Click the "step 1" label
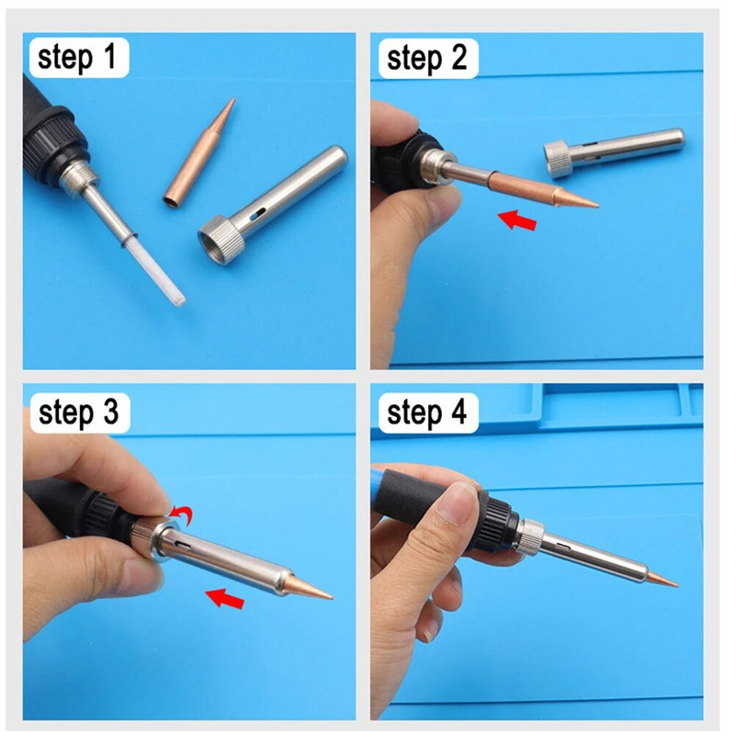tap(77, 59)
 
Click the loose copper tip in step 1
tap(199, 152)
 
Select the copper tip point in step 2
tap(588, 202)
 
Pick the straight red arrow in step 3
tap(225, 599)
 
